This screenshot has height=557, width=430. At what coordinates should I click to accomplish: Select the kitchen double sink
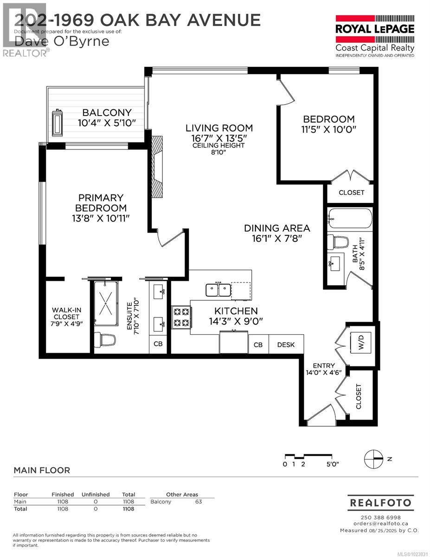pyautogui.click(x=218, y=290)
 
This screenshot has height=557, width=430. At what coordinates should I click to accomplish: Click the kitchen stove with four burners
pyautogui.click(x=181, y=317)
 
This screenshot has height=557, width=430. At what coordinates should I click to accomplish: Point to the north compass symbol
pyautogui.click(x=374, y=458)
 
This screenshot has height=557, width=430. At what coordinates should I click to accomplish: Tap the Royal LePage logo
pyautogui.click(x=375, y=35)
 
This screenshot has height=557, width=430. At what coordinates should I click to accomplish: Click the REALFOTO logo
pyautogui.click(x=380, y=503)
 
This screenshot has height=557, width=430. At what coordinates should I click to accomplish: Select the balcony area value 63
pyautogui.click(x=199, y=501)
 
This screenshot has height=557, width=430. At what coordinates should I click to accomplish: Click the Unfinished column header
pyautogui.click(x=95, y=494)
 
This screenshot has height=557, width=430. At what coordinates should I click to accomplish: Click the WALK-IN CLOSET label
pyautogui.click(x=65, y=317)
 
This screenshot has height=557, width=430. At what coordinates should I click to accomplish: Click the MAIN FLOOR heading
pyautogui.click(x=42, y=470)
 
